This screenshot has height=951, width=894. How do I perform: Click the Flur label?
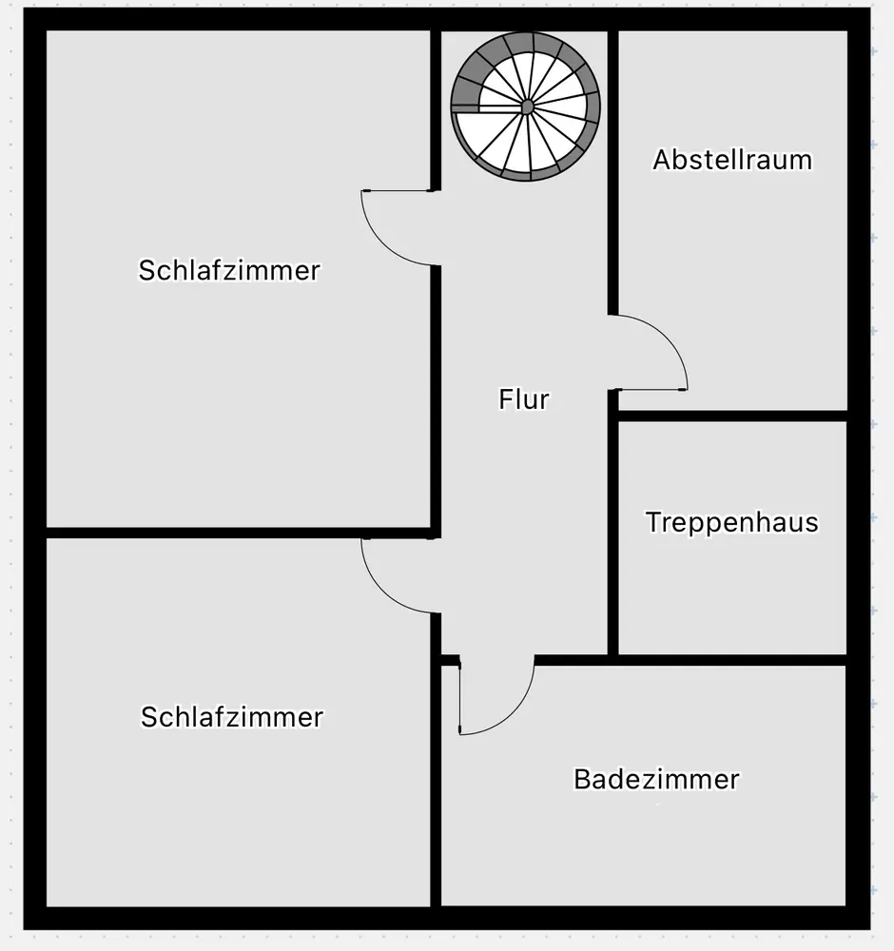coord(524,399)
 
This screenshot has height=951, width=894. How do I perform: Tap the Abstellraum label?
coord(732,160)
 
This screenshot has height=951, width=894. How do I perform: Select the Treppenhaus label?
coord(732,522)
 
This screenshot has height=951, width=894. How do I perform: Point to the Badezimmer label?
coord(657,780)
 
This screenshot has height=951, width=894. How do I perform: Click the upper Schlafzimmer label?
coord(229,270)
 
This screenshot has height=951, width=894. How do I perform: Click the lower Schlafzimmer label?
coord(232,717)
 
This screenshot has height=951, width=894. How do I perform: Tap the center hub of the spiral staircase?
coord(527,107)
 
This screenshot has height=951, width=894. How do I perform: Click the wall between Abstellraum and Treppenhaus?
coord(732,417)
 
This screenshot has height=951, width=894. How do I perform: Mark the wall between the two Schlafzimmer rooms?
coord(239,533)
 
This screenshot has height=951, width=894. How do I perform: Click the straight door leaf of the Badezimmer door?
coord(459,696)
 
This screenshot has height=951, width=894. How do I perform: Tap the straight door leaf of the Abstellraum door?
coord(649,389)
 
